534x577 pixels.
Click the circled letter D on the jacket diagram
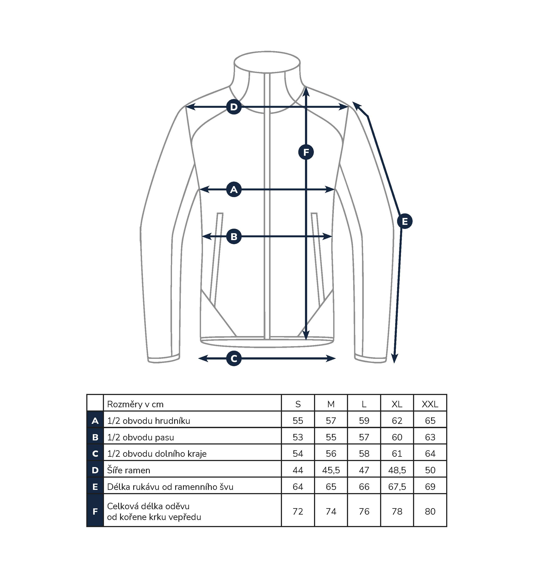(234, 107)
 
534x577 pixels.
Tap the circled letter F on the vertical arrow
(306, 152)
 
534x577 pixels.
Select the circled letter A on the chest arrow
(234, 190)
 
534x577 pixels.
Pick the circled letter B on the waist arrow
(234, 236)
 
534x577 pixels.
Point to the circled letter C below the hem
(234, 358)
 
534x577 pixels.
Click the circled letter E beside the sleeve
(405, 221)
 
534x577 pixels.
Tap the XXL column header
(430, 404)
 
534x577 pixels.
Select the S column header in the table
(298, 404)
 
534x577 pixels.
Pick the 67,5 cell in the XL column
(397, 487)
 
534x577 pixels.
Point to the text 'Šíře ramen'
(128, 470)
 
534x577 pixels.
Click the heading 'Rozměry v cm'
(135, 404)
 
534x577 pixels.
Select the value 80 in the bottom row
(430, 511)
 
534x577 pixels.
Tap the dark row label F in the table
(95, 511)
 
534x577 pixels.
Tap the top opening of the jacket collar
(267, 62)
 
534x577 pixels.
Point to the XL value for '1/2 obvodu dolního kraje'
(397, 454)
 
